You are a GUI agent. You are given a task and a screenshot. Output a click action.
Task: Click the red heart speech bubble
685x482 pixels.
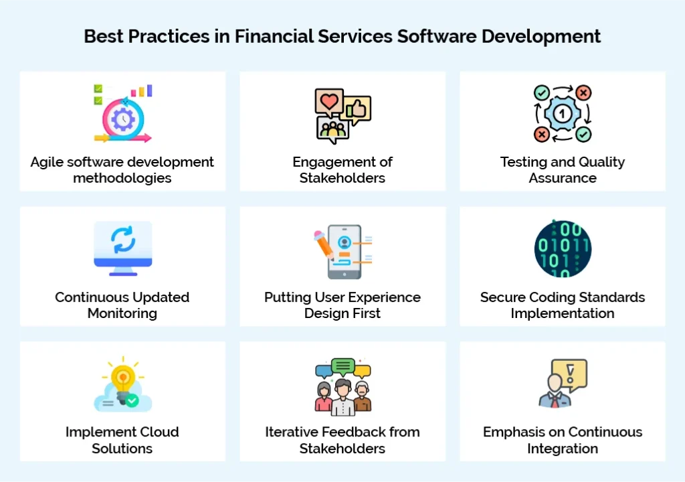coord(329,102)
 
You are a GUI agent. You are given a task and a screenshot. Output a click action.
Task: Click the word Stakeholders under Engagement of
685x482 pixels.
coord(342,178)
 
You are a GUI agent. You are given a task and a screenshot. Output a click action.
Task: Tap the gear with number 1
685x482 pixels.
coord(563,114)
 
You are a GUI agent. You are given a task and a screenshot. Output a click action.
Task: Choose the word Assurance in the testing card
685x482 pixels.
coord(563,178)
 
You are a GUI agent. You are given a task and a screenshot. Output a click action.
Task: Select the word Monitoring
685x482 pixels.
coord(122,313)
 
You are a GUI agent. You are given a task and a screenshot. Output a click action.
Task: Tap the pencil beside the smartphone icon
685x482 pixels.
coord(325,246)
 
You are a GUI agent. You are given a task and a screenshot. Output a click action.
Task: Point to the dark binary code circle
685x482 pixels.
coord(563,249)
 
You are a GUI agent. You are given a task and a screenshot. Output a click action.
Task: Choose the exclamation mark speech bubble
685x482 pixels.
coord(570,372)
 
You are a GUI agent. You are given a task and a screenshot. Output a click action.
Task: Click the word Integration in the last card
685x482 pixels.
coord(563,449)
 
